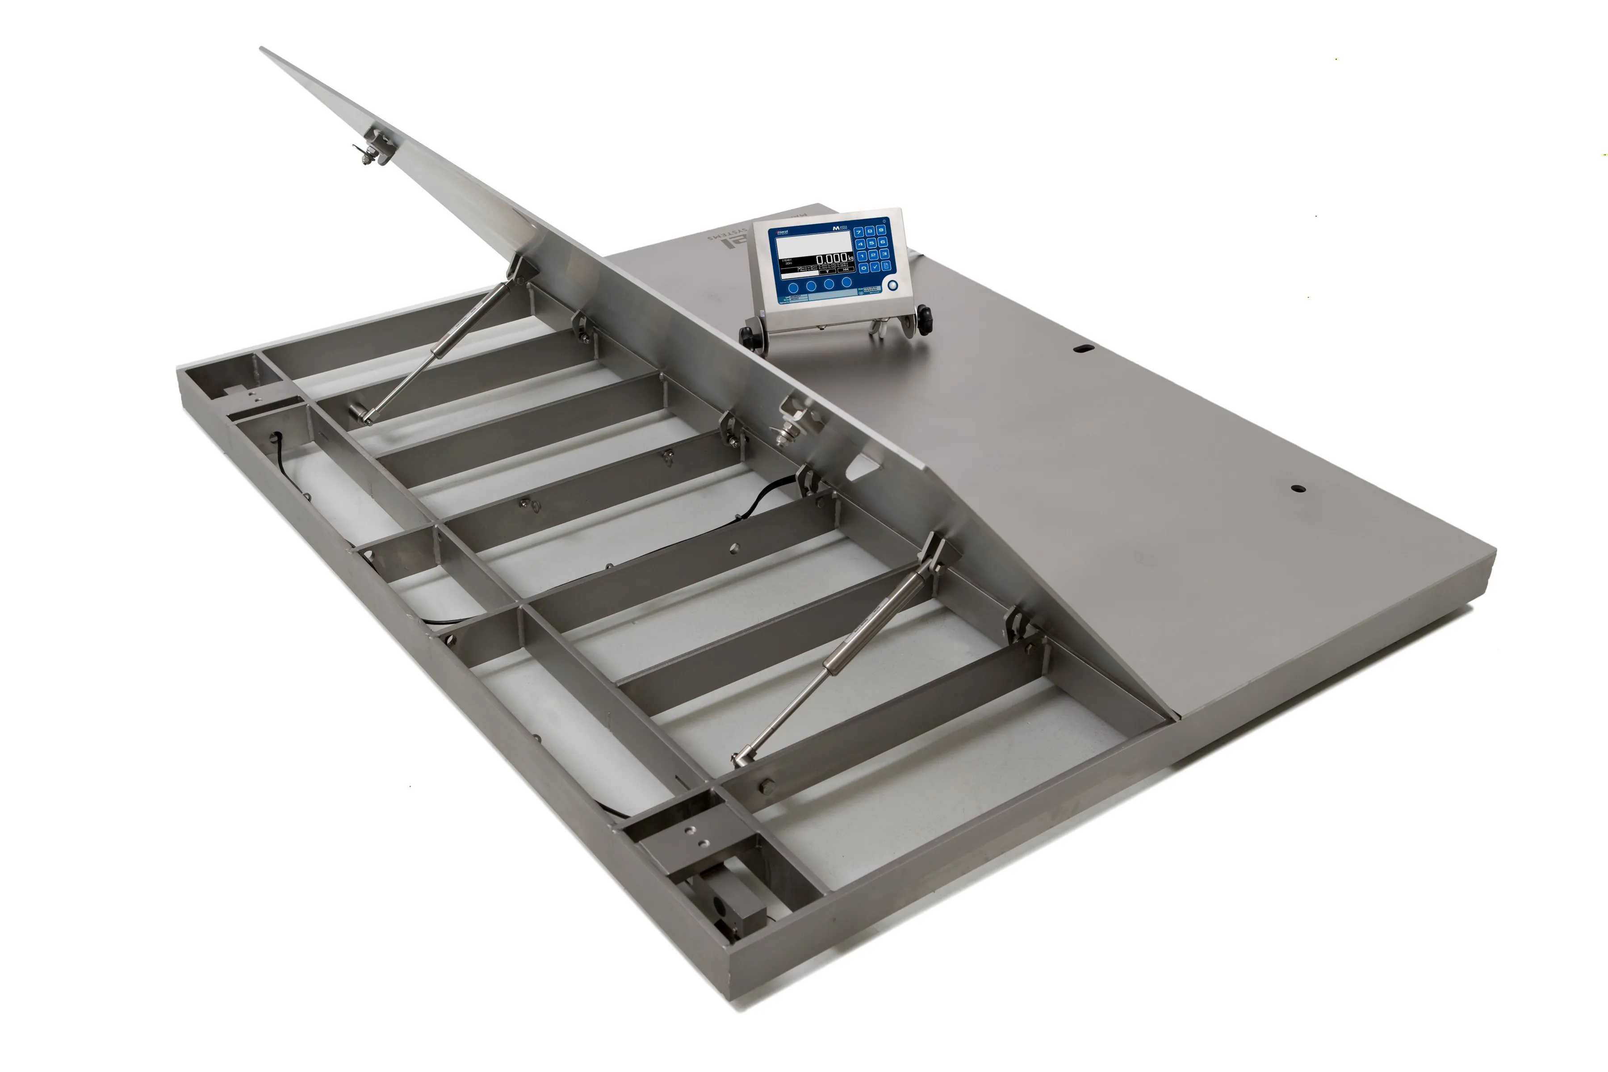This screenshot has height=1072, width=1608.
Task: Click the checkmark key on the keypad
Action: [x=875, y=267]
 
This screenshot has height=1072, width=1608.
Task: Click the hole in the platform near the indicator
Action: [x=1083, y=349]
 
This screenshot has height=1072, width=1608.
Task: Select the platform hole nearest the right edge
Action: [x=1297, y=489]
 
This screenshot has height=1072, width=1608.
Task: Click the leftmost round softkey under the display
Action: [x=794, y=288]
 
